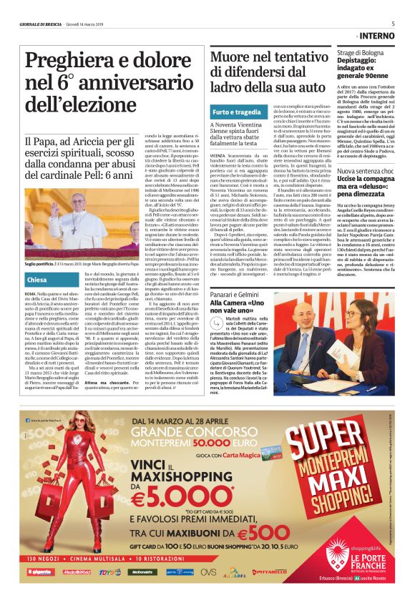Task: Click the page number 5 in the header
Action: tap(393, 23)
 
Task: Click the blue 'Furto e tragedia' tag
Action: tap(237, 112)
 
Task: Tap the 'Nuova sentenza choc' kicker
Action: tap(366, 172)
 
